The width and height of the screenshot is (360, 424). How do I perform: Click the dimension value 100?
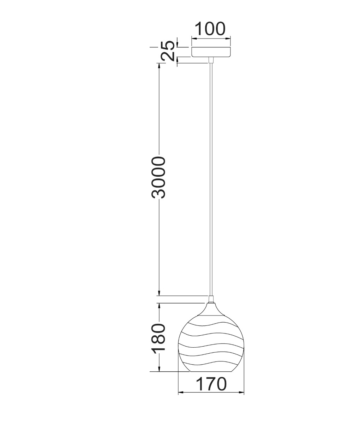210,29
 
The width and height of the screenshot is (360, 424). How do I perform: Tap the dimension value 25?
168,51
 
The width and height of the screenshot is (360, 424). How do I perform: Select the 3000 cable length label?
158,177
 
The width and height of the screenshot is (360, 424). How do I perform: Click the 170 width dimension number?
211,384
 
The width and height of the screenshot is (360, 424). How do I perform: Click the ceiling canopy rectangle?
211,52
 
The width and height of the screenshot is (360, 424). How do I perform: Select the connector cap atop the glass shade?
211,300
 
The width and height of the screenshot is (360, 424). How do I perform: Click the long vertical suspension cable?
211,177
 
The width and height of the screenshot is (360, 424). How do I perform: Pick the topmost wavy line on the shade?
211,323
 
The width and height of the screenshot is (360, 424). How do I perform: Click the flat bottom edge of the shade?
211,372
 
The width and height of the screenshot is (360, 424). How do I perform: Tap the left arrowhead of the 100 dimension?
193,37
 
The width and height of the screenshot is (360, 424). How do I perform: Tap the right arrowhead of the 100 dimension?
229,37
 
